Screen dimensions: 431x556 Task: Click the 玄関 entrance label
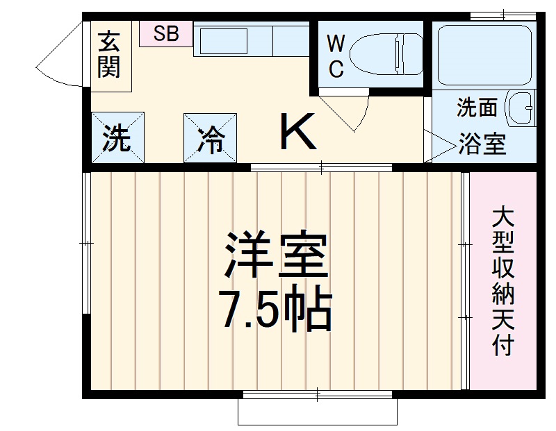(108, 55)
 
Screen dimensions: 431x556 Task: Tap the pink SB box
(166, 33)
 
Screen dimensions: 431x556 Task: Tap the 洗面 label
(477, 108)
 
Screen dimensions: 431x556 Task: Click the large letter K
(298, 133)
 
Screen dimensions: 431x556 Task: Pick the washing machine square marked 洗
(117, 139)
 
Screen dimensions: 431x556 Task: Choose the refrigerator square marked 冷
(211, 140)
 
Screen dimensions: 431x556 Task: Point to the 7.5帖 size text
(275, 310)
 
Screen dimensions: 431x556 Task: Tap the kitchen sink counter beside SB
(250, 42)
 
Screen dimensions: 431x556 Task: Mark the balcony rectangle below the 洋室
(318, 412)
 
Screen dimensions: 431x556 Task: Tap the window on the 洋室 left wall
(87, 243)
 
